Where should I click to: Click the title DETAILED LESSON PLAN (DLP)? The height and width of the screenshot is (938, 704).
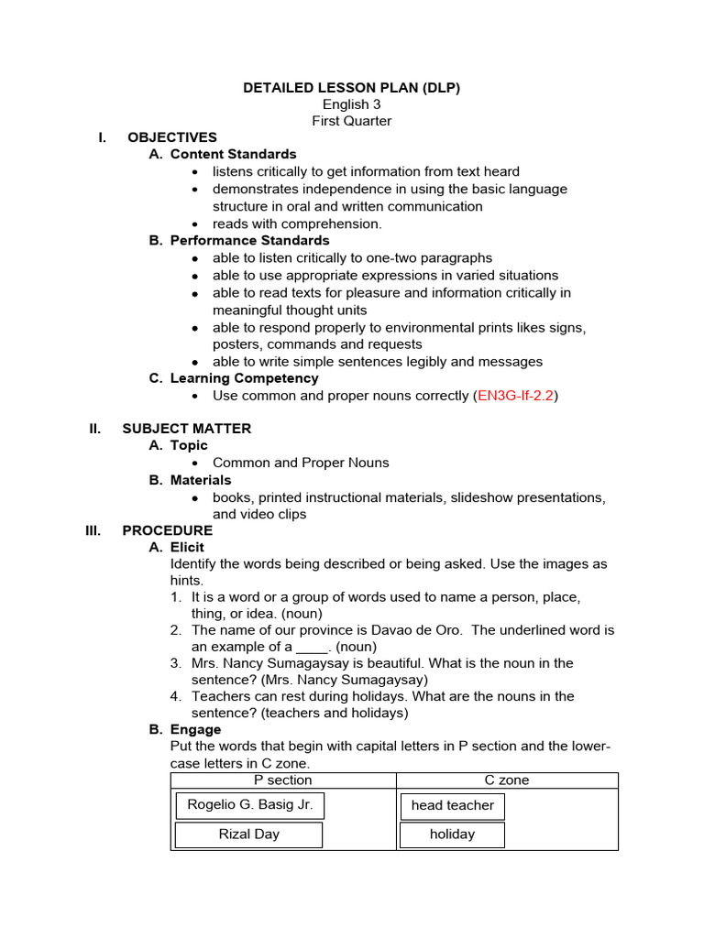pyautogui.click(x=351, y=88)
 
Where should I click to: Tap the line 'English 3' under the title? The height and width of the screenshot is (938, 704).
pyautogui.click(x=351, y=104)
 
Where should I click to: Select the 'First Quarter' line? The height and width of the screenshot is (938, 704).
pyautogui.click(x=351, y=121)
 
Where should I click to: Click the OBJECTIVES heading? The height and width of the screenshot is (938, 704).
pyautogui.click(x=172, y=137)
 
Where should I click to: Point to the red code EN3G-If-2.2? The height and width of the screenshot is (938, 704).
pyautogui.click(x=515, y=396)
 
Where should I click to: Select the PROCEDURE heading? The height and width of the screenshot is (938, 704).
pyautogui.click(x=167, y=530)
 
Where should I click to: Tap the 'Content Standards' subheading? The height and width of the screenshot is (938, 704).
pyautogui.click(x=233, y=154)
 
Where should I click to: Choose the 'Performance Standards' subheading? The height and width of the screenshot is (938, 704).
pyautogui.click(x=249, y=240)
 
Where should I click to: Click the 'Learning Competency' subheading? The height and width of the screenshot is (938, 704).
pyautogui.click(x=244, y=378)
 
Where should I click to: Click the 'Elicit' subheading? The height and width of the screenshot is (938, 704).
pyautogui.click(x=187, y=547)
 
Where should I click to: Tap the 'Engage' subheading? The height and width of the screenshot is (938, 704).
pyautogui.click(x=195, y=729)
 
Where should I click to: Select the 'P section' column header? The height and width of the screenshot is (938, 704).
pyautogui.click(x=282, y=780)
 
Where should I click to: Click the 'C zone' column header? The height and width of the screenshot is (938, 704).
pyautogui.click(x=506, y=780)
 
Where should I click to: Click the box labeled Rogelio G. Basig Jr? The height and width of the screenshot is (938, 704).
pyautogui.click(x=249, y=805)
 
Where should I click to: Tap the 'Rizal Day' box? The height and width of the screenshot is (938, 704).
pyautogui.click(x=248, y=834)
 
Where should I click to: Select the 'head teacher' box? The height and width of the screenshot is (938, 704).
pyautogui.click(x=452, y=806)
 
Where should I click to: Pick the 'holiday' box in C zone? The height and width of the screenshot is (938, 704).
pyautogui.click(x=452, y=834)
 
